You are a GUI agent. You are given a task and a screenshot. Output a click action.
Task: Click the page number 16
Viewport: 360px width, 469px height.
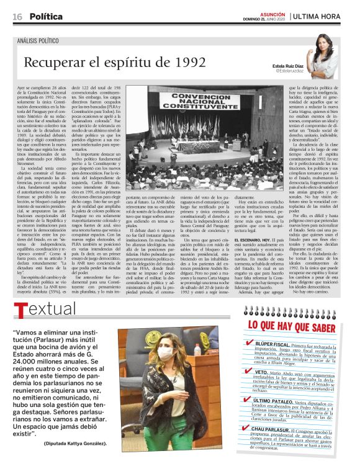click(17, 16)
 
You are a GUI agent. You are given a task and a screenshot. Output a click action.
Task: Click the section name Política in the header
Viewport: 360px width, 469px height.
click(46, 16)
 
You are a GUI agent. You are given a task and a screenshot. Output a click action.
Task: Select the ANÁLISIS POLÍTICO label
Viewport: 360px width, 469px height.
click(45, 41)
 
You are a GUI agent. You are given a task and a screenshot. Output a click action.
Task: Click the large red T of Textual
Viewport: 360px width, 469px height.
click(20, 311)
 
